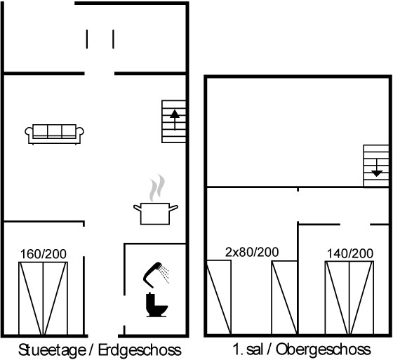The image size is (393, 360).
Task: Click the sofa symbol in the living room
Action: (54, 134)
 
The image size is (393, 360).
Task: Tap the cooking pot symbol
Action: (155, 213)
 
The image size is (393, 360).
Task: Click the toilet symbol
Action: (156, 305)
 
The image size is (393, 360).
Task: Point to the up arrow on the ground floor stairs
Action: (175, 120)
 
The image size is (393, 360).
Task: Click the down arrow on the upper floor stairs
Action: (376, 168)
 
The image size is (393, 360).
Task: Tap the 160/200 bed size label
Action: (43, 254)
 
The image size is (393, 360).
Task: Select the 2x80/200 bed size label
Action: (252, 252)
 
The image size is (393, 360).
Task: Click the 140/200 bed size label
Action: (350, 253)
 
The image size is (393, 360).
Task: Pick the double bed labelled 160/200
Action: (43, 298)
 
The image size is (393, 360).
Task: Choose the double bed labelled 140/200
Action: (349, 298)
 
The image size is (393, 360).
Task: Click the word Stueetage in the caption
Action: (52, 350)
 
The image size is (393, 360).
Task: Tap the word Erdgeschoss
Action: (140, 350)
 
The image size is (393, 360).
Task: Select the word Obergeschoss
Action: (323, 349)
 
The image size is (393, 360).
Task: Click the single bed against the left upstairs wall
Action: (219, 298)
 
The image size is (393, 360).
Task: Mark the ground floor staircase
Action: (174, 121)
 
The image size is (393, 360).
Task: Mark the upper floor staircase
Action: (376, 166)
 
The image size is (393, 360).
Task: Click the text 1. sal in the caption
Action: (248, 349)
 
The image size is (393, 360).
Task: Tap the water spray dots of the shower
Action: (165, 274)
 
